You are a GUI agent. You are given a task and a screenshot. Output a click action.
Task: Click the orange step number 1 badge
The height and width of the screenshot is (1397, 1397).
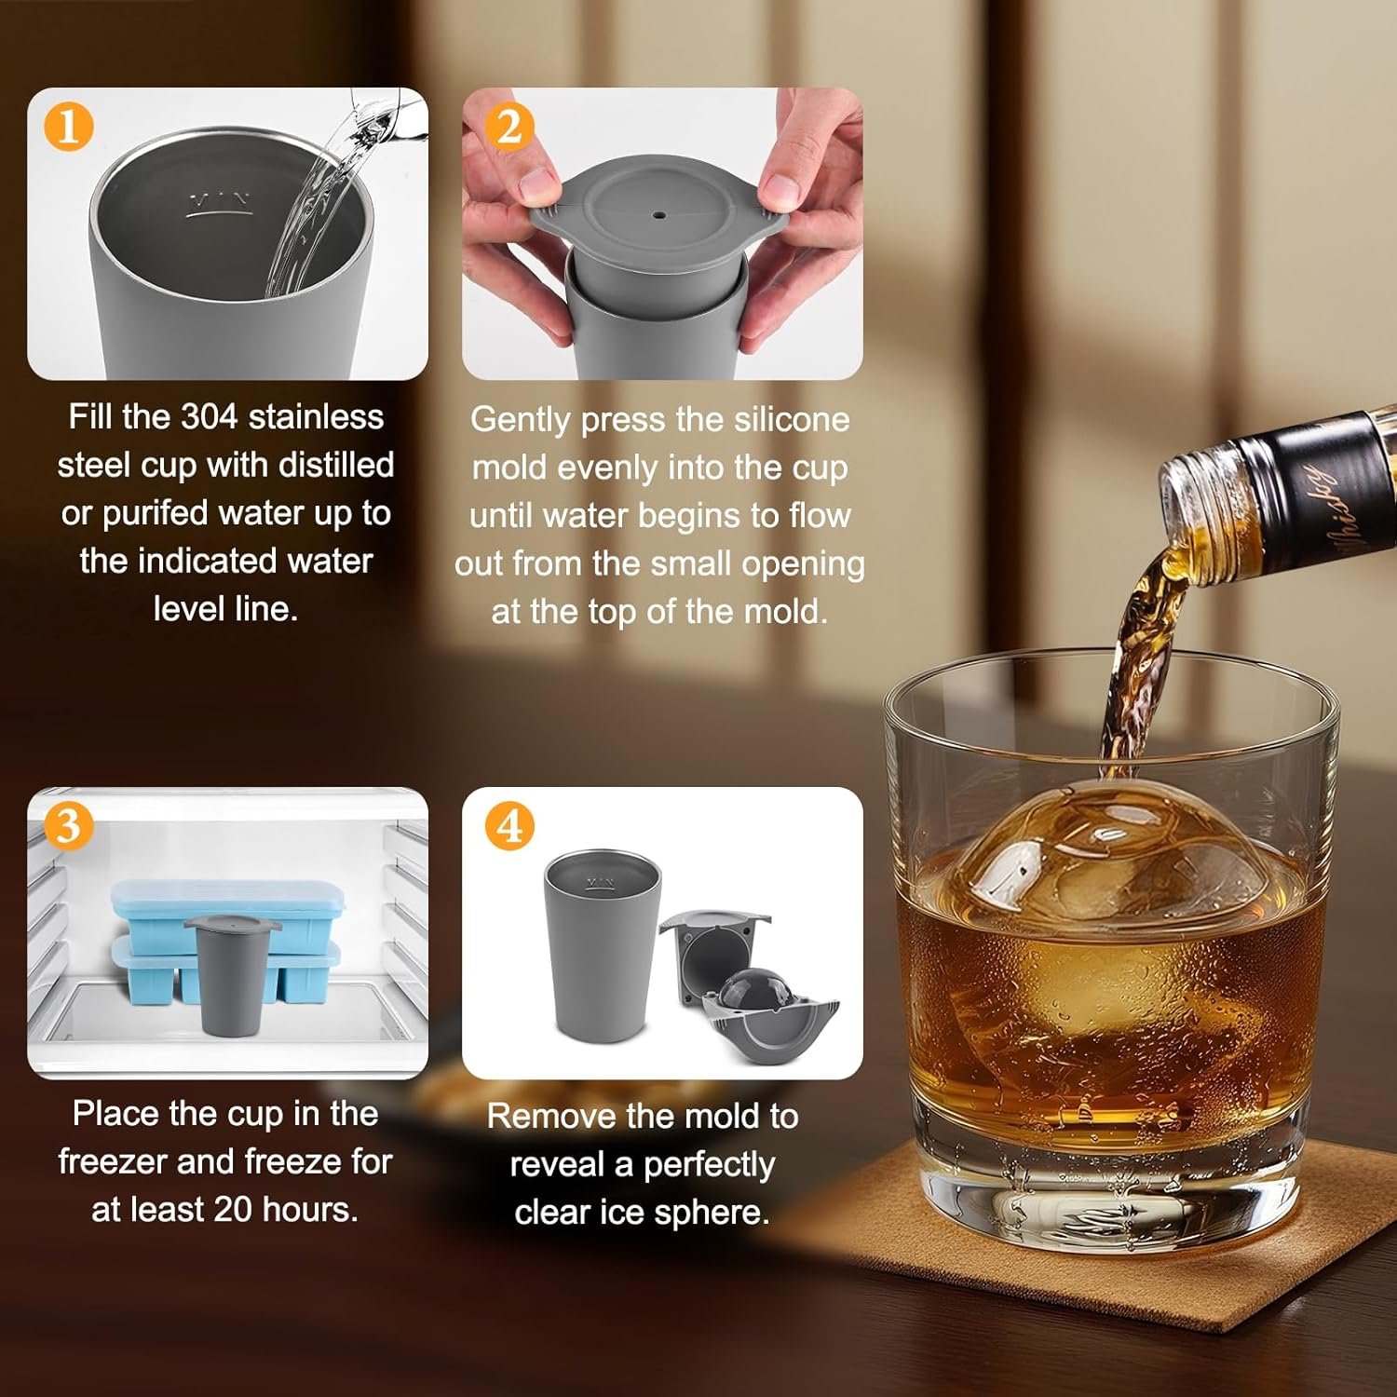point(68,126)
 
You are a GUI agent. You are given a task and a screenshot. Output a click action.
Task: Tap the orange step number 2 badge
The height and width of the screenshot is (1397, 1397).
point(509,128)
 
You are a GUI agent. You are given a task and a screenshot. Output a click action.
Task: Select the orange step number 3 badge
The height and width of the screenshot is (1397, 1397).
point(68,825)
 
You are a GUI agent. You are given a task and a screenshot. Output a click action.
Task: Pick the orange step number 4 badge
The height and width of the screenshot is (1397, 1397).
point(509,825)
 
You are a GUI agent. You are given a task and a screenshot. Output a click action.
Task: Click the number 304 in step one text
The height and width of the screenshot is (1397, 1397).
point(210,416)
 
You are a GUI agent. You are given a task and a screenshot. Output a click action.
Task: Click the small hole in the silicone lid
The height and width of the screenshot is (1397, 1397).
point(659,215)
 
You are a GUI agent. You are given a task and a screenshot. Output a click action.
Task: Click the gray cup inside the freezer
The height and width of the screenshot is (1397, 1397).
point(232,973)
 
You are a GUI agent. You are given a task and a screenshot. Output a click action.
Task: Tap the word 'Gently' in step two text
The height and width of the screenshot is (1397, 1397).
point(520,420)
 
